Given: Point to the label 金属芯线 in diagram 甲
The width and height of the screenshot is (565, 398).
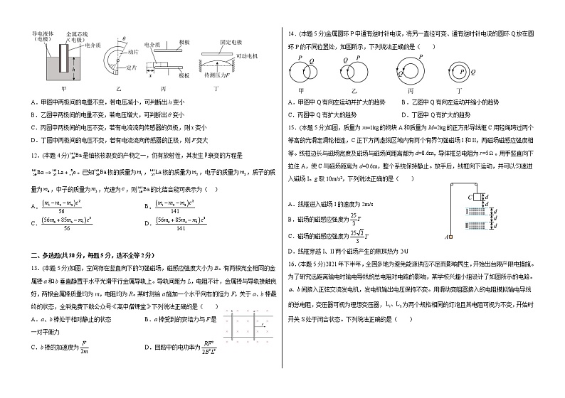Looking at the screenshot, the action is click(x=72, y=33).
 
